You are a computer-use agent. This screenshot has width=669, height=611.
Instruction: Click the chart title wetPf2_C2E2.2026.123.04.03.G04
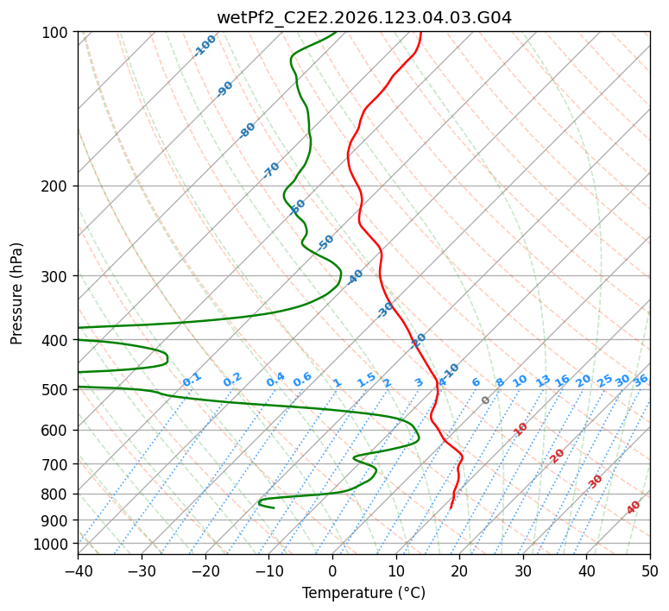(364, 18)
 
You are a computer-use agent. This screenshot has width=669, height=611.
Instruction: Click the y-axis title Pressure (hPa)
(16, 293)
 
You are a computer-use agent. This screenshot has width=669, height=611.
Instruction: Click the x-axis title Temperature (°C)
(364, 593)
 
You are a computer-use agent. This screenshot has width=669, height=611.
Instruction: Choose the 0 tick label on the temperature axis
(332, 570)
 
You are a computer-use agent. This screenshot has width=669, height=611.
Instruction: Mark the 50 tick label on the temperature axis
(650, 570)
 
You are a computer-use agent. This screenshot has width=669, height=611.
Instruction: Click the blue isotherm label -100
(205, 46)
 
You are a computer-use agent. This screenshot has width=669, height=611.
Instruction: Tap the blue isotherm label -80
(247, 130)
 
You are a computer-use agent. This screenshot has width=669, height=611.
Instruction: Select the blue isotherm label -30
(385, 310)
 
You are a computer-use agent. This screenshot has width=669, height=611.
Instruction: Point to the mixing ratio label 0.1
(192, 380)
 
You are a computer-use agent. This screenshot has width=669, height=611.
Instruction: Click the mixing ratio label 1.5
(367, 380)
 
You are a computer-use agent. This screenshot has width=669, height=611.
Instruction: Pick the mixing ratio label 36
(641, 381)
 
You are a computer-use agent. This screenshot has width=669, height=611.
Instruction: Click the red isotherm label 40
(633, 507)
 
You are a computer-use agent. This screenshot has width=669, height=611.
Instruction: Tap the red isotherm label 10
(521, 429)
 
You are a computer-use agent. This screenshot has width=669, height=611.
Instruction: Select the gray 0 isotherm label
(485, 400)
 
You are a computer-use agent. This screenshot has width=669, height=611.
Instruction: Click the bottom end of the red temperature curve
(451, 508)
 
